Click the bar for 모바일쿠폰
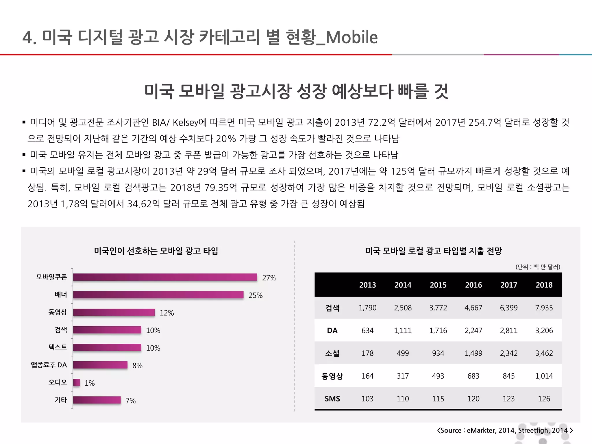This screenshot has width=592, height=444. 165,277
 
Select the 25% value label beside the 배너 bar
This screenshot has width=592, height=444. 255,295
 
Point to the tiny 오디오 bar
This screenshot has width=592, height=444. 76,383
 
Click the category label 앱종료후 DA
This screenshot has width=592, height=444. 49,365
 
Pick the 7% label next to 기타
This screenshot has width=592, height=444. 130,401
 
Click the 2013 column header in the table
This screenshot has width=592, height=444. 367,285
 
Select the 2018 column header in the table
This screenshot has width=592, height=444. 544,285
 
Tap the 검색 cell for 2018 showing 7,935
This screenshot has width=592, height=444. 544,308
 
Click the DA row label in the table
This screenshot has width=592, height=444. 332,331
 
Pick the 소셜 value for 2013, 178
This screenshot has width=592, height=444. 367,353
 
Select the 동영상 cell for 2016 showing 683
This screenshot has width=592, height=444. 473,376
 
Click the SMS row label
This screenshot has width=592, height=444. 332,399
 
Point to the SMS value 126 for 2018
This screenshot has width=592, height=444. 544,399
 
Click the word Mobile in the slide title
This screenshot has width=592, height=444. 351,38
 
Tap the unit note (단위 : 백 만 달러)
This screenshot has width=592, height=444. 538,267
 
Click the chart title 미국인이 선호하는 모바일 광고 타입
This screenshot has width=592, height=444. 156,251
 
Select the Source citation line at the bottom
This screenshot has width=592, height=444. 505,430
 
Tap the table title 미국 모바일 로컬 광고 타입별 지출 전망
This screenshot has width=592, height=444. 433,251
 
